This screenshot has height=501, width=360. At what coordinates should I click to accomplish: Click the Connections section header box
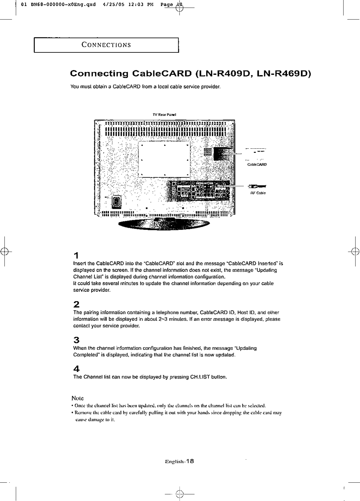tap(106, 45)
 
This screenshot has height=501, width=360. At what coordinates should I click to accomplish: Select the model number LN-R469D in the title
tap(281, 74)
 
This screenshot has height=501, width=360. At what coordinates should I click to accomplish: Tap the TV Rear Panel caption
tap(164, 115)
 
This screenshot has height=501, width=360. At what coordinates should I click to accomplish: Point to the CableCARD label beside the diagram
tap(257, 164)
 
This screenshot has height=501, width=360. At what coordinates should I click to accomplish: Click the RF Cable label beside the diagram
tap(258, 193)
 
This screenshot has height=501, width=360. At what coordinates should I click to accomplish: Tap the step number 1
tap(76, 255)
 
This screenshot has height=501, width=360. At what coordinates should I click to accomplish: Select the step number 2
tap(76, 304)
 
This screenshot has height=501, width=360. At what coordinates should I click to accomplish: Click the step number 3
tap(76, 340)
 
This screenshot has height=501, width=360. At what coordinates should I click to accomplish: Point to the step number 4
tap(76, 369)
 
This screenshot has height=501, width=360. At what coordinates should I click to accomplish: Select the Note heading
tap(78, 398)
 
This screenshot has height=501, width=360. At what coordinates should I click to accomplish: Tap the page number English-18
tap(179, 461)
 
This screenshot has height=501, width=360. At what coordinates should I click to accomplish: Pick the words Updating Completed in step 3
tap(164, 351)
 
